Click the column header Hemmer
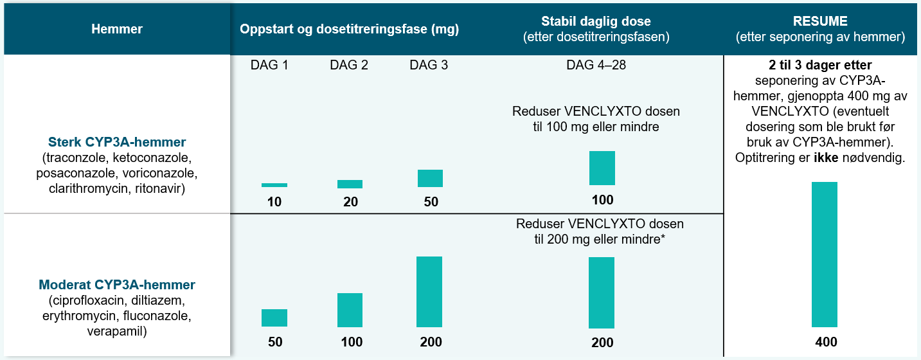click(x=117, y=29)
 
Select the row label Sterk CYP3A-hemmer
click(x=117, y=141)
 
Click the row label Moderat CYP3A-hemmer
click(x=117, y=284)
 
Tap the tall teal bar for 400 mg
click(x=824, y=255)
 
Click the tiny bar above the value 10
click(x=274, y=185)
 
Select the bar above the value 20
click(x=350, y=184)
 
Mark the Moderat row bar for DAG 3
click(x=429, y=292)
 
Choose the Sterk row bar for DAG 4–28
click(x=602, y=168)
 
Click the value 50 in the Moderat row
click(x=274, y=342)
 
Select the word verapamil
click(x=117, y=332)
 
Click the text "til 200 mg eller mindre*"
click(x=600, y=239)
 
